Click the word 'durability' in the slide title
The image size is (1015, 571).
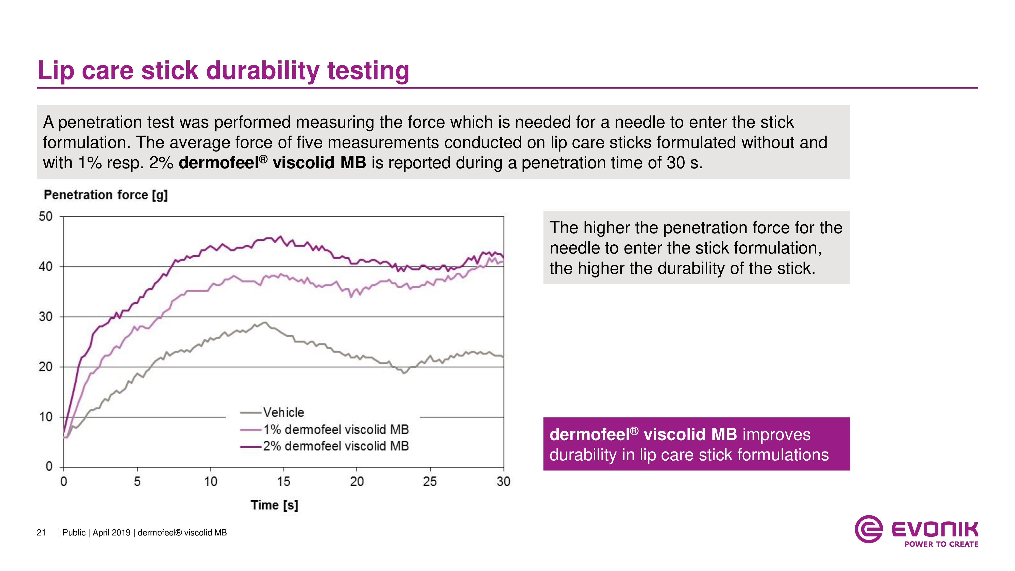pos(262,71)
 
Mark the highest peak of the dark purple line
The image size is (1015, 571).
pos(281,237)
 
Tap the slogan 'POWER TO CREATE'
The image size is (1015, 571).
pos(941,544)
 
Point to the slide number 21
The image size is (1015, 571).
pos(41,533)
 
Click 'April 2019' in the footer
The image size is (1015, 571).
pos(111,533)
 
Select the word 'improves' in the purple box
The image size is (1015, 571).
pos(776,435)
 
